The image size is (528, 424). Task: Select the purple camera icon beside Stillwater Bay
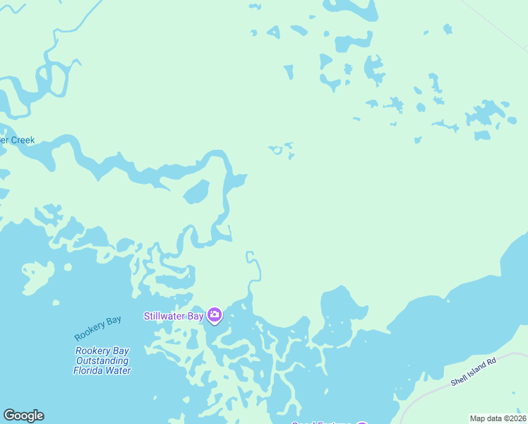tap(214, 315)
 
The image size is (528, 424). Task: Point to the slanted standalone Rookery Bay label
tap(98, 329)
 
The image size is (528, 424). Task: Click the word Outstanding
tap(102, 360)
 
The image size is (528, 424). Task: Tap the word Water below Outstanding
tap(119, 370)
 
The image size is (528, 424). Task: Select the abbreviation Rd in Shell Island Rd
tap(491, 362)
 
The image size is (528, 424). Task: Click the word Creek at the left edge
tap(21, 140)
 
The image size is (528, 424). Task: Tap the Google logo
tap(23, 416)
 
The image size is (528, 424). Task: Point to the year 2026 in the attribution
tap(518, 418)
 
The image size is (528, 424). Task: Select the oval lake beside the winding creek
tap(196, 192)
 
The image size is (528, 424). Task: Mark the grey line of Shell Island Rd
tap(431, 391)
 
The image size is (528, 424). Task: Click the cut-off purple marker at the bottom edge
tap(361, 423)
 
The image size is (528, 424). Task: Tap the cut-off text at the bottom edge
tap(322, 423)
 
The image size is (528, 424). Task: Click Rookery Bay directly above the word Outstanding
tap(102, 351)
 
